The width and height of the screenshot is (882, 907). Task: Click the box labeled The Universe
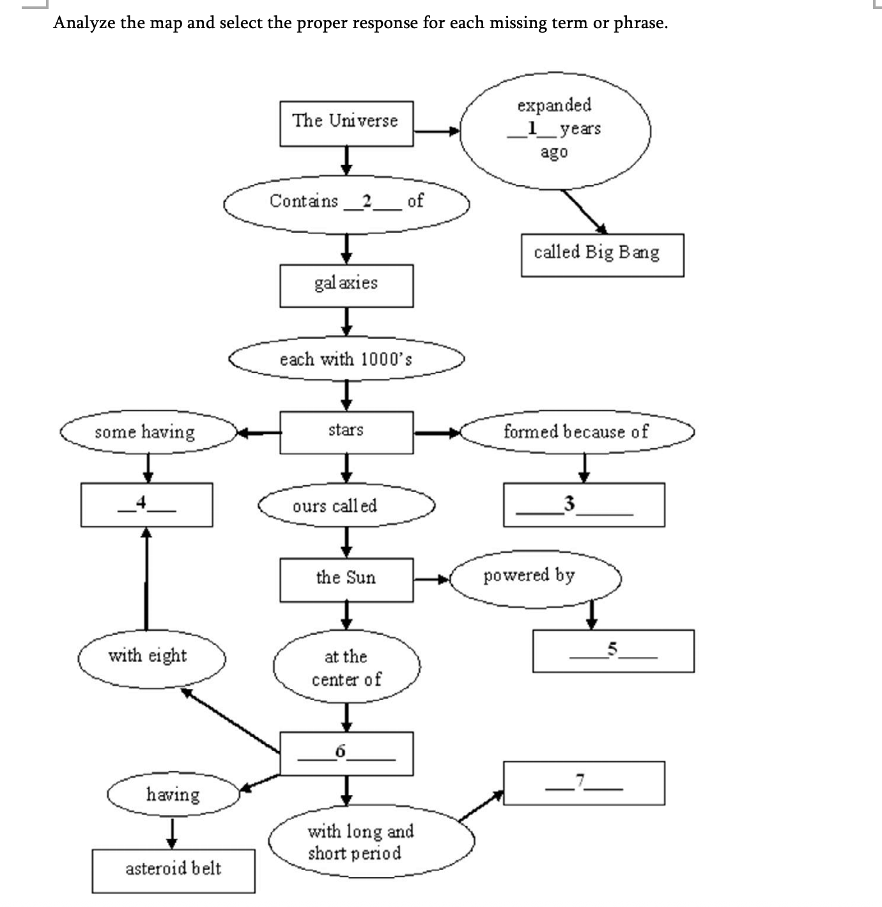[x=346, y=123]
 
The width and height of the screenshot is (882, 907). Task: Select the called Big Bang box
[x=601, y=255]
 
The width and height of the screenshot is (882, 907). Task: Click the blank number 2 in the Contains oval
[x=367, y=201]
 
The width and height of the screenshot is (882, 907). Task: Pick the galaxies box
[x=346, y=285]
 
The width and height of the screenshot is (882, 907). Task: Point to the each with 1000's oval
[x=346, y=359]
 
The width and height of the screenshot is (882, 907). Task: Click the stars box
[x=346, y=432]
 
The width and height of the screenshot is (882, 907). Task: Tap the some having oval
[x=148, y=433]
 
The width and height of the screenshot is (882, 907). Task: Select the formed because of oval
[x=576, y=432]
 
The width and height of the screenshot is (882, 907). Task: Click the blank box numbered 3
[x=583, y=505]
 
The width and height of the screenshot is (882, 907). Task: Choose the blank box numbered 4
[x=146, y=505]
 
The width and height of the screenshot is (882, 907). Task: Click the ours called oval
[x=346, y=506]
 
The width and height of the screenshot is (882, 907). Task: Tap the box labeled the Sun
[x=346, y=579]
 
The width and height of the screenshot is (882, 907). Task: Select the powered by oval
[x=535, y=576]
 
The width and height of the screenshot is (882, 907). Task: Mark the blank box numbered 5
[x=613, y=651]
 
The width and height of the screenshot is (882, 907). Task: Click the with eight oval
[x=151, y=657]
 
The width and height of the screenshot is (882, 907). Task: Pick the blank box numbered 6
[x=346, y=753]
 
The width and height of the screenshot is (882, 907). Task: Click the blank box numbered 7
[x=583, y=782]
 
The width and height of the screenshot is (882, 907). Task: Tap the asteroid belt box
[x=173, y=870]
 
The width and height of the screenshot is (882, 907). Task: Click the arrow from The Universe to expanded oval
[x=437, y=132]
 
